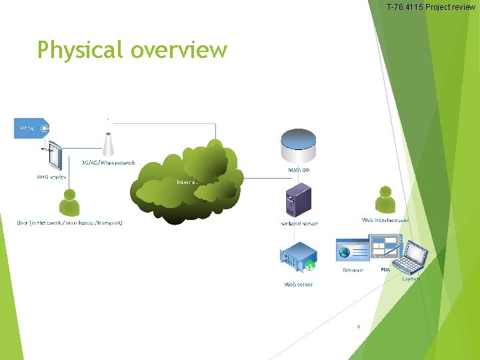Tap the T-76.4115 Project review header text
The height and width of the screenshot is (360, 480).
point(431,7)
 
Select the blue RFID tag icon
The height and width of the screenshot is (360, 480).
point(31,128)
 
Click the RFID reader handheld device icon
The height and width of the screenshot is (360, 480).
point(55,157)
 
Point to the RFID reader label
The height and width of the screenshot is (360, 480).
point(51,177)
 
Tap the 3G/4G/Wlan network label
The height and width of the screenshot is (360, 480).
point(109,163)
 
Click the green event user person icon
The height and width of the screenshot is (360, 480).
point(69,203)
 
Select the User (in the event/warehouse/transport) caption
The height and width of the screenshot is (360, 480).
point(69,223)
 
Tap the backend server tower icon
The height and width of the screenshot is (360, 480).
point(298,199)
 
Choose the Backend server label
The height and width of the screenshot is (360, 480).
point(299,223)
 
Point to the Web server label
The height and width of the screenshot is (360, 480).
point(299,284)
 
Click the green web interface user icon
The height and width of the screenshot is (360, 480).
point(385,199)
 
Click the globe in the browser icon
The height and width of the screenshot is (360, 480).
point(345,252)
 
